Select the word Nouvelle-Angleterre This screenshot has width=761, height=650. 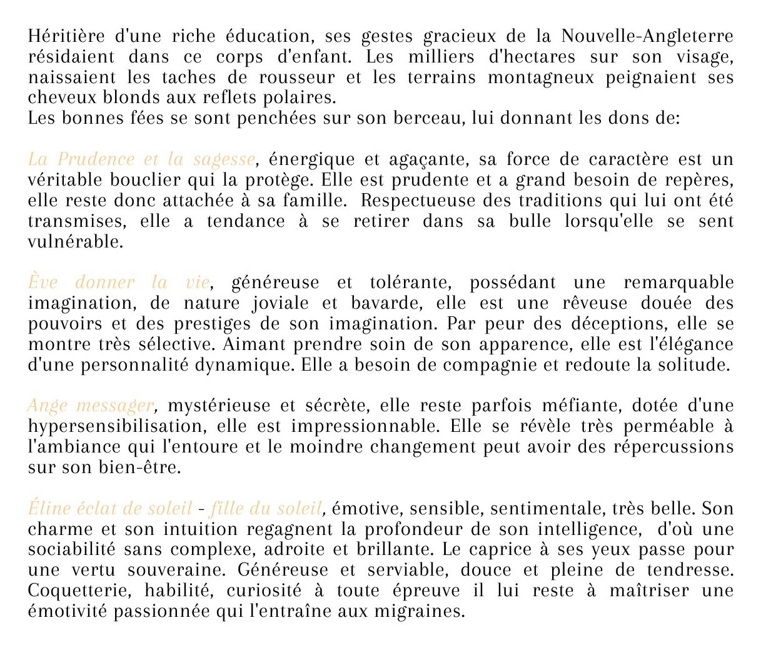647,36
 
